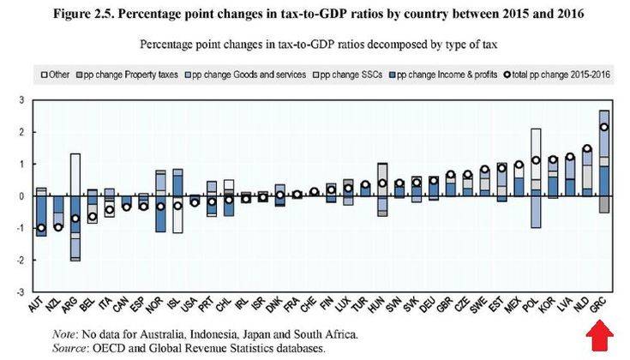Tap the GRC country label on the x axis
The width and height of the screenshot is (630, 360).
pyautogui.click(x=604, y=303)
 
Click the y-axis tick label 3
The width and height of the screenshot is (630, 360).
pyautogui.click(x=23, y=101)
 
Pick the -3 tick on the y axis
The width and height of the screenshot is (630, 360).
pyautogui.click(x=21, y=291)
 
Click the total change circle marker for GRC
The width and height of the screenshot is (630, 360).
pyautogui.click(x=604, y=127)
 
